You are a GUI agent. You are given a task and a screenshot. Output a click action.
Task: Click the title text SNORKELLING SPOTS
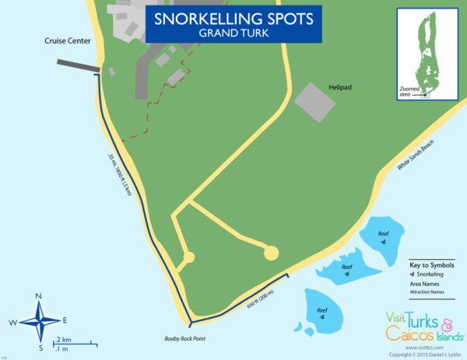click(233, 17)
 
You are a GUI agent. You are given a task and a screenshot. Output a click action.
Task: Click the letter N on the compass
click(38, 297)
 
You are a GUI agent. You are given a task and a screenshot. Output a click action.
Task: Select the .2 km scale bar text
click(64, 341)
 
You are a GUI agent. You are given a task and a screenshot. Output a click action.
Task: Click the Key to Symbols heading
click(432, 265)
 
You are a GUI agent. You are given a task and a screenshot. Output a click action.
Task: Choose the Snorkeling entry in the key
click(430, 274)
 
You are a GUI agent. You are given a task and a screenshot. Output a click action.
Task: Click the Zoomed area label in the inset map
click(409, 92)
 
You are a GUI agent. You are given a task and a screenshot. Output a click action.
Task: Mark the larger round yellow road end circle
click(271, 252)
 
